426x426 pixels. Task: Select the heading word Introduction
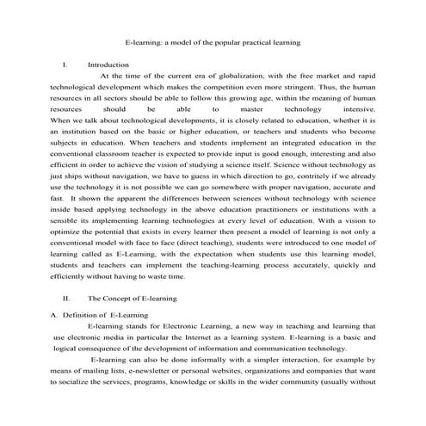108,65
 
